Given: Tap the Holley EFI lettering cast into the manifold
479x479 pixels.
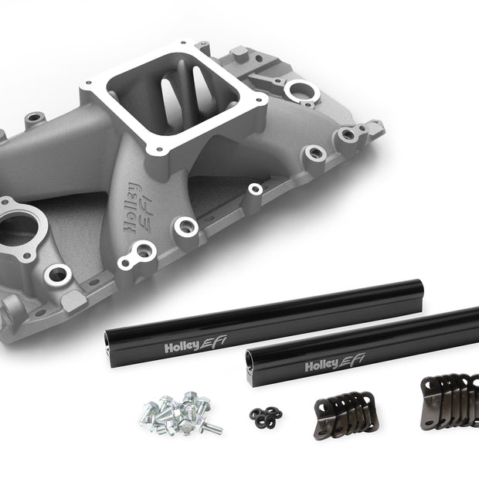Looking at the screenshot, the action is tap(138, 208).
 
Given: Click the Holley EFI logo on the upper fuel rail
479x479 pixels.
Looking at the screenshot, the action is tap(195, 344).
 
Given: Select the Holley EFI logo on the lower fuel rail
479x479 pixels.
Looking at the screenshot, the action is tap(335, 362).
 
